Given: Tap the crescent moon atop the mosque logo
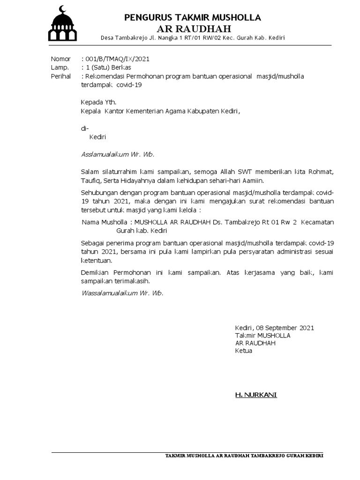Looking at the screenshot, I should [63, 9].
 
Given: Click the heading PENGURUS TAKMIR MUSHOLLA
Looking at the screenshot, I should [193, 18].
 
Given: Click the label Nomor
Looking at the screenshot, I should [60, 59].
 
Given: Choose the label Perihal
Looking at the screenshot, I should [61, 76].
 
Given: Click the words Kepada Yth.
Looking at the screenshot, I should [98, 102].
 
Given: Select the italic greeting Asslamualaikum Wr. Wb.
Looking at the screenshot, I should [118, 154].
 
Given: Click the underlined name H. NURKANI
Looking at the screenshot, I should [256, 395].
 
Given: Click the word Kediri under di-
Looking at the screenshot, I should [98, 137].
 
